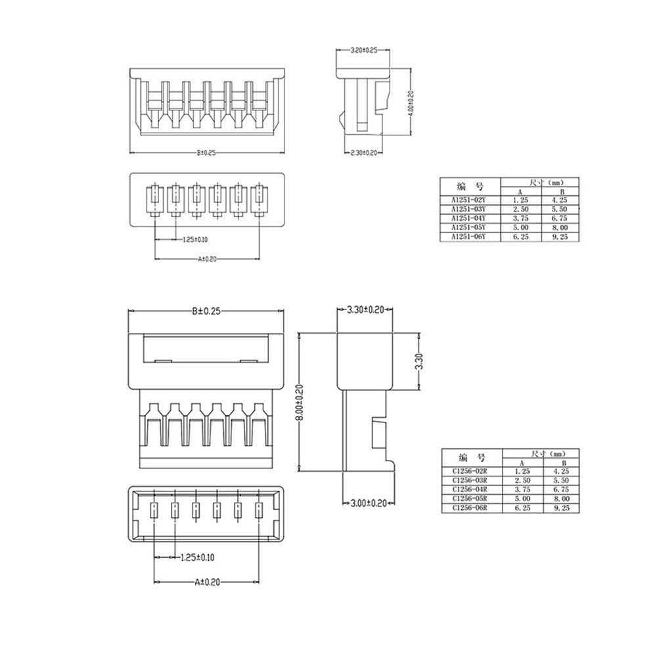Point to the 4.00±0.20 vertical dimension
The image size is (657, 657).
click(x=411, y=102)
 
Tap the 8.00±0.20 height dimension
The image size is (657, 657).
click(x=299, y=402)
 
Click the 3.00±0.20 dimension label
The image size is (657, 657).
click(x=367, y=503)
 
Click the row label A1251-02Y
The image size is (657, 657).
click(x=468, y=200)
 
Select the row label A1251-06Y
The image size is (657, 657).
click(x=468, y=237)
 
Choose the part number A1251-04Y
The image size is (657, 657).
click(x=468, y=218)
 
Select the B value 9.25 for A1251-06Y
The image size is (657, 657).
click(x=560, y=237)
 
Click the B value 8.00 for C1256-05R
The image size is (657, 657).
click(x=560, y=499)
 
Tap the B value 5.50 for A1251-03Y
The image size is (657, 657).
click(x=560, y=209)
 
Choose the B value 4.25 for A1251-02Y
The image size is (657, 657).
click(x=560, y=200)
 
